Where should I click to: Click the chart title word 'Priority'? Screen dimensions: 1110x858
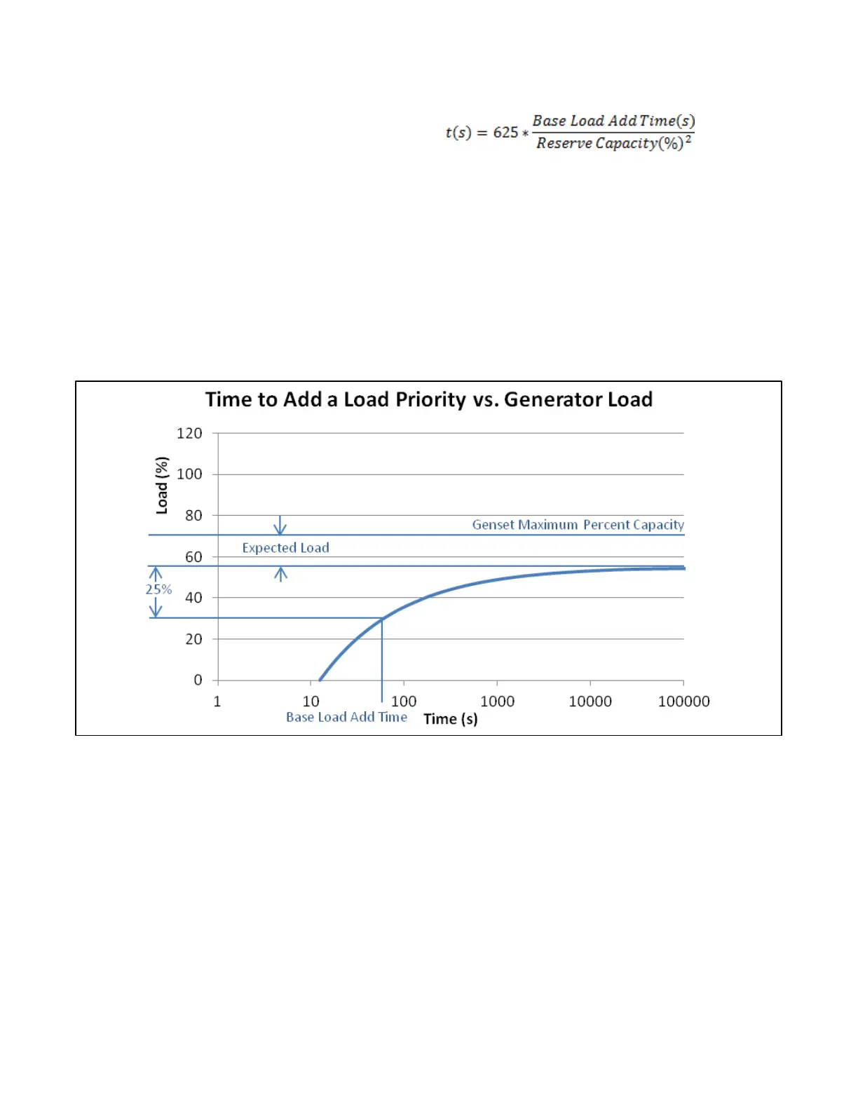(x=430, y=400)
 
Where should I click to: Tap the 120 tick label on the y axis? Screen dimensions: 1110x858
(x=189, y=434)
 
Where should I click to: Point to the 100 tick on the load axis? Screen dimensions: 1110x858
(x=189, y=474)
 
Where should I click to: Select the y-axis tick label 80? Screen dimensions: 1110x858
(x=193, y=516)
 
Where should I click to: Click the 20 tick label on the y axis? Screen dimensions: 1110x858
(x=193, y=639)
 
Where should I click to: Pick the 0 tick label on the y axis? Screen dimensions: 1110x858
(x=198, y=680)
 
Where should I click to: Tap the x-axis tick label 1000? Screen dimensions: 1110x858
(x=497, y=701)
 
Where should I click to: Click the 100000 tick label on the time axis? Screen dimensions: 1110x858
(x=683, y=701)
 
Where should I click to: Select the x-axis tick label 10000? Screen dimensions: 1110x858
(x=590, y=701)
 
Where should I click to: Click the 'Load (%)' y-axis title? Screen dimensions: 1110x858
(x=162, y=486)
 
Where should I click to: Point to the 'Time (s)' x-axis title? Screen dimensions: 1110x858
(x=451, y=719)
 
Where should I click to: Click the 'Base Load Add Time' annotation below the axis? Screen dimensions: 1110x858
(x=346, y=717)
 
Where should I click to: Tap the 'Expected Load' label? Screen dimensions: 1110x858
(x=285, y=548)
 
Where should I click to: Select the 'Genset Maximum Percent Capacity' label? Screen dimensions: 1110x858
(x=578, y=525)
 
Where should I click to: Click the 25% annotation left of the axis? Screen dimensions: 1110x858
(x=158, y=589)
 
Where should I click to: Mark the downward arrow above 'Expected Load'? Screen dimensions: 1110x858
(x=280, y=526)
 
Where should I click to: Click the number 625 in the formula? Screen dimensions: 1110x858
(x=505, y=132)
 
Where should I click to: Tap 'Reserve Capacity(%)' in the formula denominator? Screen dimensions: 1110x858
(x=609, y=144)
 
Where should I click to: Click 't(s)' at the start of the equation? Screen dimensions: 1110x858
(x=458, y=132)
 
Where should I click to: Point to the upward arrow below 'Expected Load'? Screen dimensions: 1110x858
(x=281, y=575)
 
